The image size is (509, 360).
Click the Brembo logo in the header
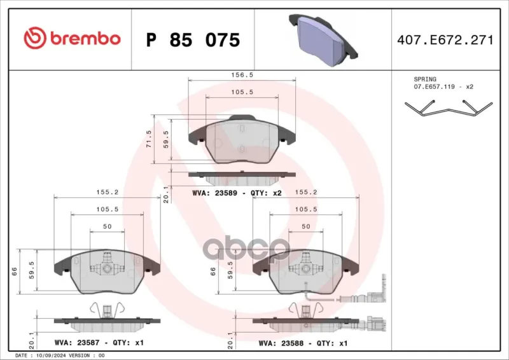tap(72, 38)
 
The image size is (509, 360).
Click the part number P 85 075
tap(193, 40)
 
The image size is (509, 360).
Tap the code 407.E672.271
tap(445, 40)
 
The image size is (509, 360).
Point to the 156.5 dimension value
tap(242, 74)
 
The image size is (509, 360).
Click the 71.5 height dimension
tap(149, 139)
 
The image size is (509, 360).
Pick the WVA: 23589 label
tap(214, 193)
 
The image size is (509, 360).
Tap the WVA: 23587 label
tap(77, 342)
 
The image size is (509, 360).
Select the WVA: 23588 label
tap(281, 343)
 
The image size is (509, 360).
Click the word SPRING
tap(425, 80)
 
